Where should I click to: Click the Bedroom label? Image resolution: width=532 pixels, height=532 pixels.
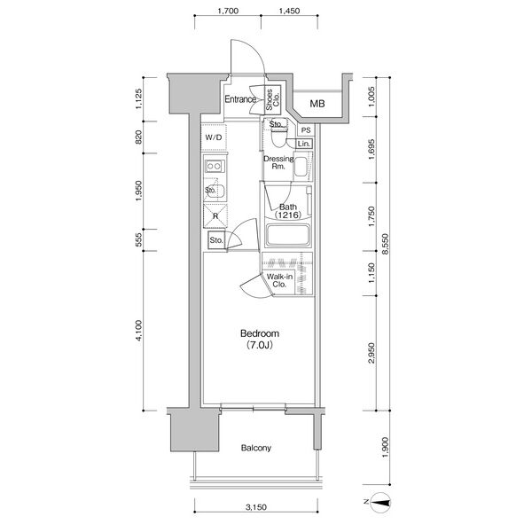point(260,333)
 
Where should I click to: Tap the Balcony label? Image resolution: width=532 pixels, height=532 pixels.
point(256,448)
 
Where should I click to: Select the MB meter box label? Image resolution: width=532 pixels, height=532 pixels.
point(317,104)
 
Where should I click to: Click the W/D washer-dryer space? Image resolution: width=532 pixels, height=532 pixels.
point(214,137)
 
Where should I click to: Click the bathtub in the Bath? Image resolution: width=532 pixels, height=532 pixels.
point(288,235)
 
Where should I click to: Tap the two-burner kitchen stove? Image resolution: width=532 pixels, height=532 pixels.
point(215,167)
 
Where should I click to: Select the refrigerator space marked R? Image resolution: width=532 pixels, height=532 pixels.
point(215,215)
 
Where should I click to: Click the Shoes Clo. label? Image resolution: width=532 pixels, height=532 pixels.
point(273,99)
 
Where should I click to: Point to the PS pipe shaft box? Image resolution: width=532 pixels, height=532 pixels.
point(306,130)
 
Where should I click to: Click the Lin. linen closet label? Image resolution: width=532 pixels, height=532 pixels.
point(303,144)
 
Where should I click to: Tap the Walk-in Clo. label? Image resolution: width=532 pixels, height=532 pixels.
point(279,280)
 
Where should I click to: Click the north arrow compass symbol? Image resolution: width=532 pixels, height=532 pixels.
point(379,503)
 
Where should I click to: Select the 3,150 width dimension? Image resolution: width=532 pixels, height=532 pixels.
point(256,507)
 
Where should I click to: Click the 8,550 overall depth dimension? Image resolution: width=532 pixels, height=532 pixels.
point(385,244)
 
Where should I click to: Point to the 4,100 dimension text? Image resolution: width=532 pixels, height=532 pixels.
point(139,331)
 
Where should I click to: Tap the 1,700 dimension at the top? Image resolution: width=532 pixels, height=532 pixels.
point(228,11)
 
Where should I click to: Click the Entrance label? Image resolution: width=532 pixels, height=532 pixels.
point(240,99)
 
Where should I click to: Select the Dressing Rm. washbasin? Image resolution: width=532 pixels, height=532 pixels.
point(301,167)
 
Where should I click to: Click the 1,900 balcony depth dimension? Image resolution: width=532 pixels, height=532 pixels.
point(385,447)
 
